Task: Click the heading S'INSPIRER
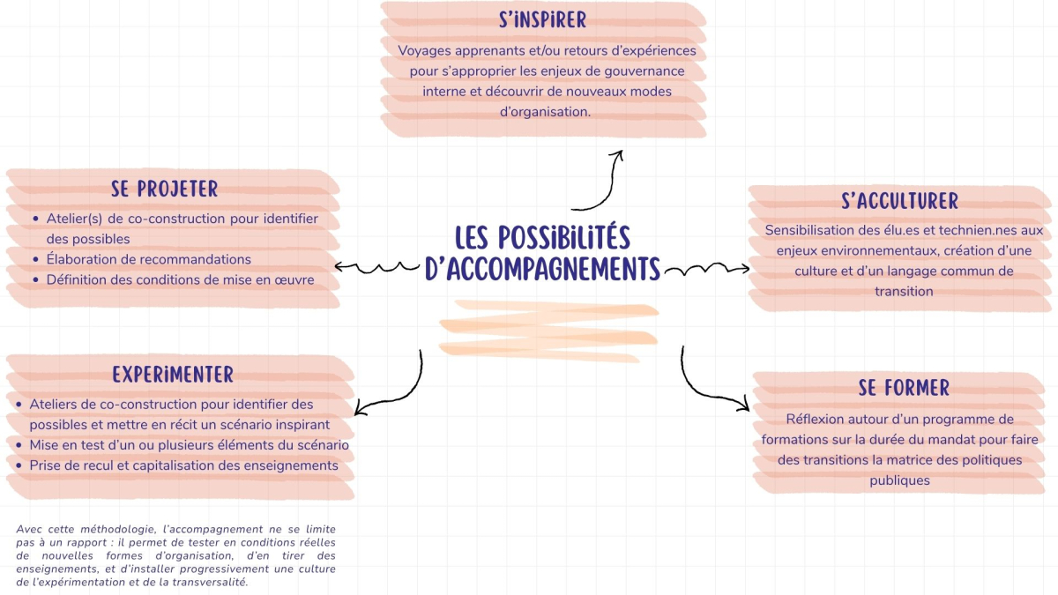tap(542, 19)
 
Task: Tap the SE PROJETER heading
tap(165, 189)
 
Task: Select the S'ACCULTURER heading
tap(899, 200)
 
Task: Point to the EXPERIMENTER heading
tap(173, 375)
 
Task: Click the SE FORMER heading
tap(904, 388)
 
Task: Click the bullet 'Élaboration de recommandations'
tap(149, 259)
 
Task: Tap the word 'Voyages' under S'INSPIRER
tap(424, 51)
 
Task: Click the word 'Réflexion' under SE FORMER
tap(817, 419)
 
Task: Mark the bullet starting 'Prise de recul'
tap(183, 465)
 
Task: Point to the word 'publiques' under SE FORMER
tap(899, 480)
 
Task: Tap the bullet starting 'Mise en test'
tap(189, 445)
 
